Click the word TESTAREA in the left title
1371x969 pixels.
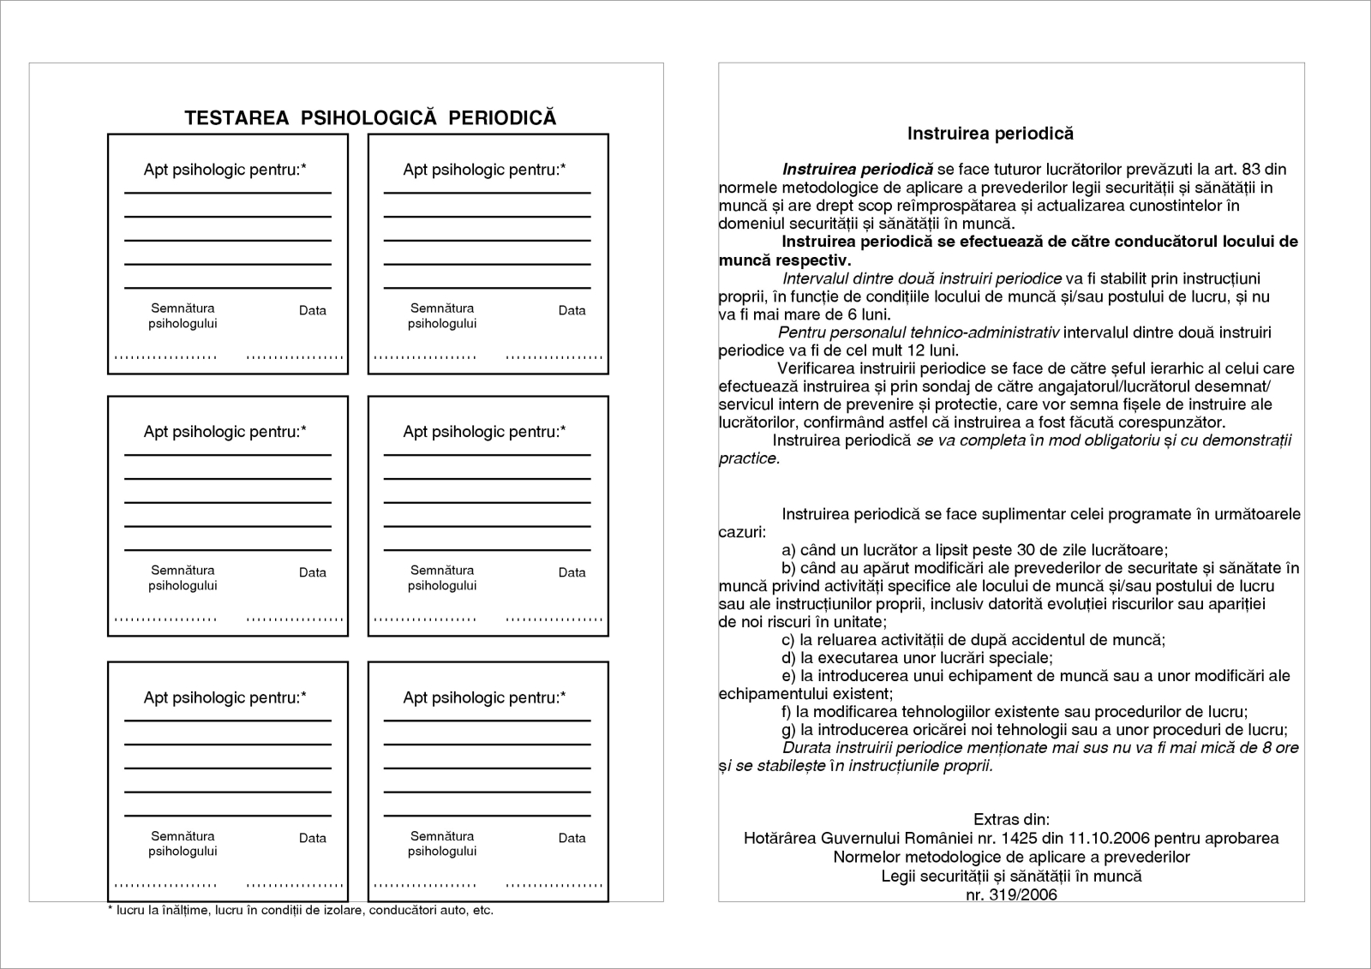(x=236, y=118)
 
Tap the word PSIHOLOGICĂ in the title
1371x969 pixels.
(x=368, y=118)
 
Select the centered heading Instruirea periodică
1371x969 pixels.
(x=990, y=134)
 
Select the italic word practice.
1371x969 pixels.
(x=749, y=458)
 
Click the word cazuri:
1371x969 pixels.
(x=742, y=532)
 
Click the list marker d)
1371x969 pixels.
(x=788, y=658)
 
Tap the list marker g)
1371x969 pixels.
(x=788, y=730)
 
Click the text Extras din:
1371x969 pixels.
(x=1011, y=820)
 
